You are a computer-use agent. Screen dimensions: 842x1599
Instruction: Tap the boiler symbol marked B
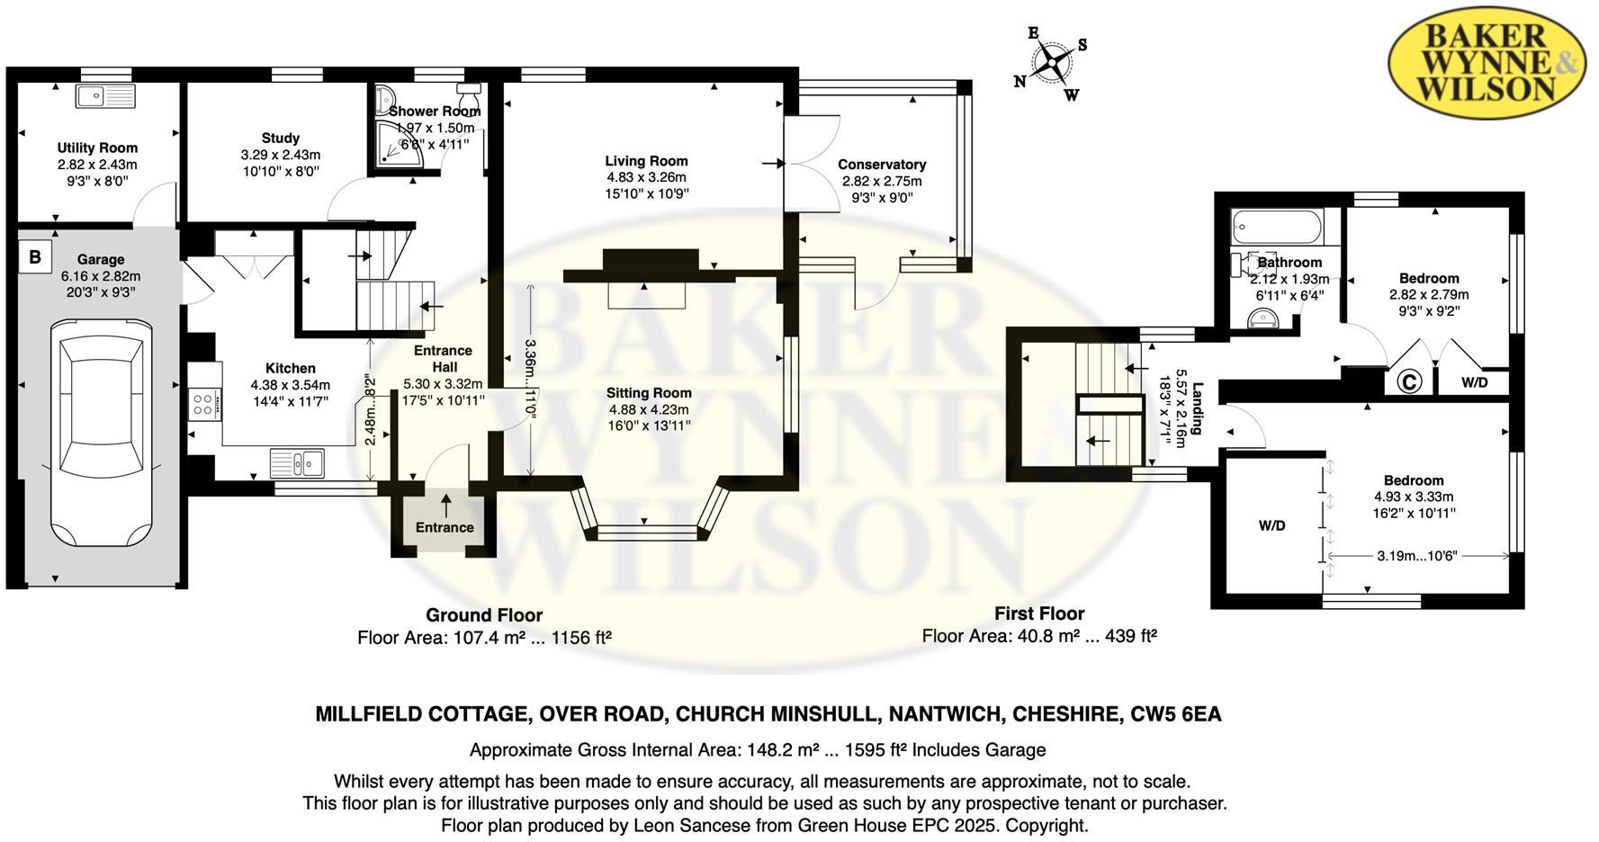point(35,257)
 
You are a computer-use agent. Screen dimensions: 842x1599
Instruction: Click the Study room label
point(281,139)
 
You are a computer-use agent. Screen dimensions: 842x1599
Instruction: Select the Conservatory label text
point(881,165)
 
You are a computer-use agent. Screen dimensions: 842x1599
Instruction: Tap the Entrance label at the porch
point(445,528)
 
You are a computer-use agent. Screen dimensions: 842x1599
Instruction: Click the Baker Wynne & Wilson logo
point(1486,62)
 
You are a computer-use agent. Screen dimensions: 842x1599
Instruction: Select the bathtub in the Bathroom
point(1276,227)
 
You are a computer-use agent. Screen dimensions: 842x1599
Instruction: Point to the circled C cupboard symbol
point(1408,382)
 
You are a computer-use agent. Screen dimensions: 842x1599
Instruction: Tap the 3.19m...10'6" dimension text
point(1416,556)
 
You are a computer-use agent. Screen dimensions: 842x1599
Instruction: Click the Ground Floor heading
point(484,615)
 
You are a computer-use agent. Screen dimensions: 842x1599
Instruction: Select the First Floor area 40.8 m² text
point(1039,636)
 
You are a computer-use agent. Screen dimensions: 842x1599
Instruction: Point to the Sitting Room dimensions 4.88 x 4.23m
point(649,409)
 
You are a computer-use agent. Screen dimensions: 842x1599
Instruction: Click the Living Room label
point(646,161)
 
